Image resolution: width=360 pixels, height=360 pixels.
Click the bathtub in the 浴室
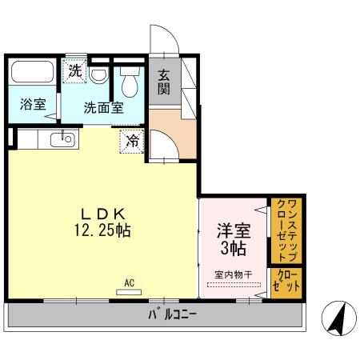pos(33,71)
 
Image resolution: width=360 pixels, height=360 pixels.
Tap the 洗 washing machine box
pos(74,71)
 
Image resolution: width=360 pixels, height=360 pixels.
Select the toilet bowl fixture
pos(130,82)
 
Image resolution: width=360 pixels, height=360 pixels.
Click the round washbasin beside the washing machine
pos(98,74)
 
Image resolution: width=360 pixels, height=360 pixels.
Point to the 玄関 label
pos(163,82)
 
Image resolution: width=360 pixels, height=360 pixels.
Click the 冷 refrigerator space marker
pos(132,141)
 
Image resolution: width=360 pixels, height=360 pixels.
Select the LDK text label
pos(103,214)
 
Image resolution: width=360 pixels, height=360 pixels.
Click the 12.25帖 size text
pos(102,230)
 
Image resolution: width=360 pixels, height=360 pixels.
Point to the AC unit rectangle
pos(129,292)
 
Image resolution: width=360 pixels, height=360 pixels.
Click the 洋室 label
pos(234,230)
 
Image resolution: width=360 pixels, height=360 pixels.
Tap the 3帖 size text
pos(234,249)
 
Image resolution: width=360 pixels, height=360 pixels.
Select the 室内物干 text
pos(234,274)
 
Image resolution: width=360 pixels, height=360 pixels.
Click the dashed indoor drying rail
pos(234,285)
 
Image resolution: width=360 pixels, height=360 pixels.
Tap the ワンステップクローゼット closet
pos(286,230)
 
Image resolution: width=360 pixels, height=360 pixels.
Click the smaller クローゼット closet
pos(286,283)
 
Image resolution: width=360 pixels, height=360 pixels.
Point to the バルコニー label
pos(173,315)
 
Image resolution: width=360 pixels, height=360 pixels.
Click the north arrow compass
pos(339,318)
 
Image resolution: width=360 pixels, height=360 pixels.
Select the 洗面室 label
pos(104,108)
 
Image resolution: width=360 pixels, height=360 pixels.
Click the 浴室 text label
pos(33,104)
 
